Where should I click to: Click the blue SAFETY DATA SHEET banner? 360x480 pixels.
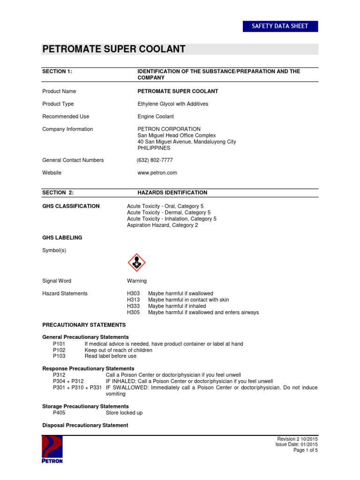[x=280, y=26]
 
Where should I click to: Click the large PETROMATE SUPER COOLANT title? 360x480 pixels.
[x=114, y=49]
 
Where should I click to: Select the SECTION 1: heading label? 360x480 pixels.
[x=57, y=71]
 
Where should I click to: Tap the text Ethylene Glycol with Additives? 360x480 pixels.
[x=172, y=104]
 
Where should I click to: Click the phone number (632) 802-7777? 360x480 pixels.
[x=155, y=160]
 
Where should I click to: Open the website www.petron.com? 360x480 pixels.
[x=157, y=173]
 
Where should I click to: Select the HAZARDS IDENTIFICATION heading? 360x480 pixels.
[x=172, y=193]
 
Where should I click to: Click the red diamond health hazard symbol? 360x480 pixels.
[x=136, y=263]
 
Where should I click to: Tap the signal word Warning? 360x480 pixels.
[x=136, y=281]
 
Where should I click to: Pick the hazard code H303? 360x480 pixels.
[x=134, y=293]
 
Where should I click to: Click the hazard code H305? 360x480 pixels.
[x=134, y=313]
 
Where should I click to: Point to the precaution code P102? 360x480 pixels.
[x=60, y=350]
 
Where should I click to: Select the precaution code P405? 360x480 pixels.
[x=60, y=413]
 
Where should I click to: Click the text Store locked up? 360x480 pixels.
[x=124, y=413]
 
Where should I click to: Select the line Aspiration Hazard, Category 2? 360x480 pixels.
[x=162, y=225]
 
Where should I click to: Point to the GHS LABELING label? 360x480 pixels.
[x=62, y=238]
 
